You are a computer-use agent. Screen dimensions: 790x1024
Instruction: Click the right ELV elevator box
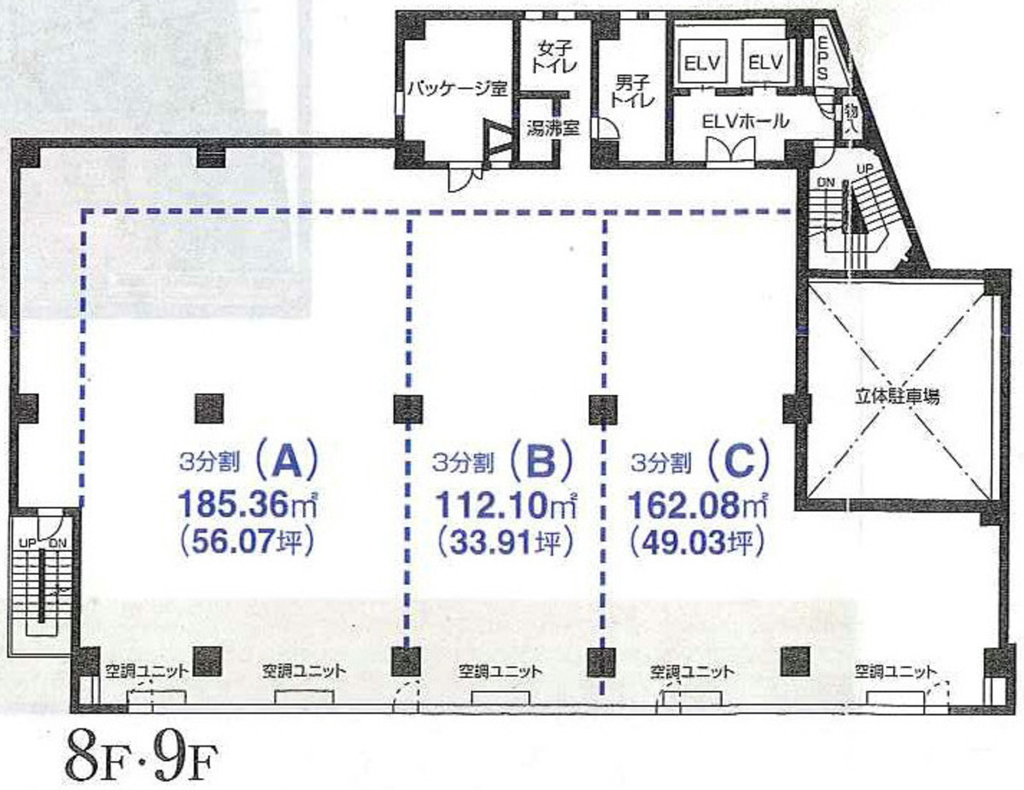click(x=766, y=63)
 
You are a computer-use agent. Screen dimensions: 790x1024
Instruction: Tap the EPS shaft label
click(x=822, y=59)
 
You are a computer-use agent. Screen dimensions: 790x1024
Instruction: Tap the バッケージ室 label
click(x=457, y=87)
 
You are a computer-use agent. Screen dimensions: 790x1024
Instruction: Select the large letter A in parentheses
click(x=286, y=462)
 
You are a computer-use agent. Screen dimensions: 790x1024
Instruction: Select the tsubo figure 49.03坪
click(x=694, y=542)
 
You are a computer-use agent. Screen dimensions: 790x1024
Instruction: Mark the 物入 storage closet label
click(x=851, y=114)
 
